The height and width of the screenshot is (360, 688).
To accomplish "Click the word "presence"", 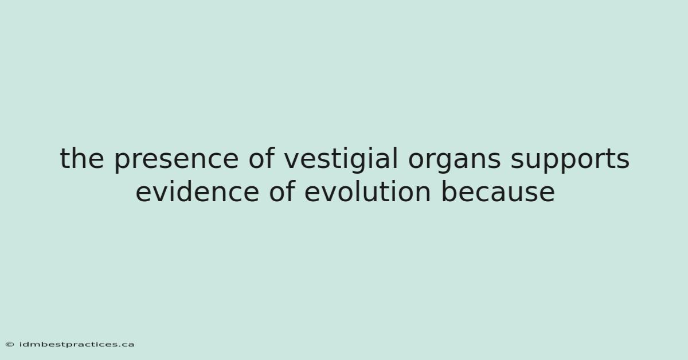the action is click(176, 160).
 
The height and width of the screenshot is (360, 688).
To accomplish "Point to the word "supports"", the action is click(570, 160).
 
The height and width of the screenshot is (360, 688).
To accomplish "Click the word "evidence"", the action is click(197, 191).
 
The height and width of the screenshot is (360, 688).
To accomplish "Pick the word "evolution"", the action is click(368, 191).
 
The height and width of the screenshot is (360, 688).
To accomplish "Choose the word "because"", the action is click(498, 191).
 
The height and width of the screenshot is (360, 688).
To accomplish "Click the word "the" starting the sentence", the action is click(82, 158).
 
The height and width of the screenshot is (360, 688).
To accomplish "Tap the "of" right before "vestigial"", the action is click(261, 158).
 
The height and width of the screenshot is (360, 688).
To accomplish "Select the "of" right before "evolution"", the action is click(282, 191).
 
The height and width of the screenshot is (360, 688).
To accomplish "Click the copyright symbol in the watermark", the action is click(10, 345).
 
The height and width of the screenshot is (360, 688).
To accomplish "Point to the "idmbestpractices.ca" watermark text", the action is click(77, 345).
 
